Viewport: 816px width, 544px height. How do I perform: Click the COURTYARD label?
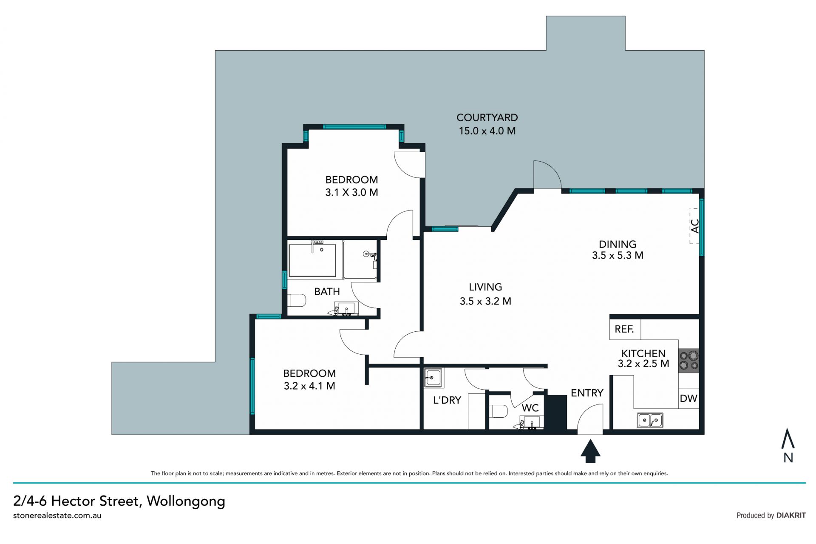point(487,117)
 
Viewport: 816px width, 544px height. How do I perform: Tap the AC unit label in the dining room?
point(695,226)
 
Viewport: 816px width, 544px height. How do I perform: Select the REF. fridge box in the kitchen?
point(625,329)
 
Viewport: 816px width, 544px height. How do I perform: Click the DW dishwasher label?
point(688,398)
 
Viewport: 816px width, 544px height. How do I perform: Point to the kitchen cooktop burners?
point(688,360)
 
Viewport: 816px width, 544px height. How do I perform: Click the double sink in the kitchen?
point(650,420)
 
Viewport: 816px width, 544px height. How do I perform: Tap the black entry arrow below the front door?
point(590,451)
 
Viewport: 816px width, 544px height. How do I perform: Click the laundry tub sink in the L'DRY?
point(433,377)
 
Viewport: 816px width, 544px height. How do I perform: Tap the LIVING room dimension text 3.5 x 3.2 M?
point(485,301)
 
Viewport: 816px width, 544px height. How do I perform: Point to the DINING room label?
point(618,244)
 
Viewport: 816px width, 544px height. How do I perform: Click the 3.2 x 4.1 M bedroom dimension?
point(309,386)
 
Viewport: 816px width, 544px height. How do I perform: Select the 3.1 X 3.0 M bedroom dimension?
point(351,192)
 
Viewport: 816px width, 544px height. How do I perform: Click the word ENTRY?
point(587,393)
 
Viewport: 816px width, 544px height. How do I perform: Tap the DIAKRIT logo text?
point(791,515)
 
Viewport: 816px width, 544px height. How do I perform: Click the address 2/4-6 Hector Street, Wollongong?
point(119,501)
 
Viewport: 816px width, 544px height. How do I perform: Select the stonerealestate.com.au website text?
point(57,516)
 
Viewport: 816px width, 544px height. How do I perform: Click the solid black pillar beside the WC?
point(556,413)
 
